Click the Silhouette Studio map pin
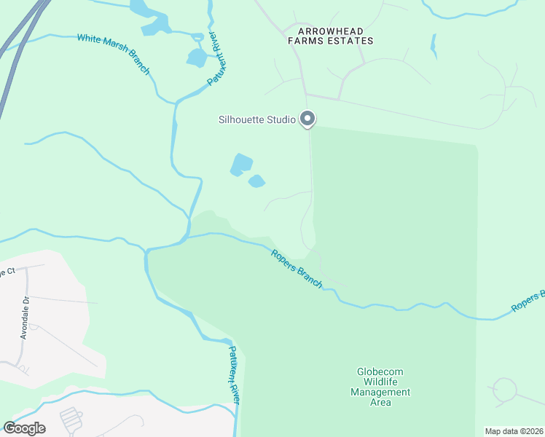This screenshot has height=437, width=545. [x=307, y=119]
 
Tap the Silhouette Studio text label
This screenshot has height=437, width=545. [x=257, y=119]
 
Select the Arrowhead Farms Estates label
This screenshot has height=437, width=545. [x=335, y=36]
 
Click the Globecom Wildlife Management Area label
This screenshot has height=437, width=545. [x=380, y=387]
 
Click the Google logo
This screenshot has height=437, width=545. [x=24, y=428]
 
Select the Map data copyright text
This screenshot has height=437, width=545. [x=514, y=431]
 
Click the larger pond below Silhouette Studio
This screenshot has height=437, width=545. [x=240, y=165]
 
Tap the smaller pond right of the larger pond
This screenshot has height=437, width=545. [x=256, y=181]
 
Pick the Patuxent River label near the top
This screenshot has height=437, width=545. [x=215, y=58]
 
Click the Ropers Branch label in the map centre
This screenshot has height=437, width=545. [x=297, y=268]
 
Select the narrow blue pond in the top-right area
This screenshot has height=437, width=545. [x=434, y=46]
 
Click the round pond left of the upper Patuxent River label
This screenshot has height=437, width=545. [x=196, y=57]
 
